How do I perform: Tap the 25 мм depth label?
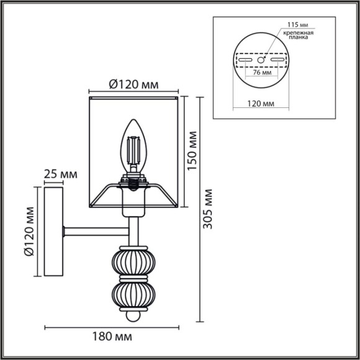coord(61,174)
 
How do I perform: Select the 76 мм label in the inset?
coord(261,73)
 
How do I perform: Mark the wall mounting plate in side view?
coord(52,232)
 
